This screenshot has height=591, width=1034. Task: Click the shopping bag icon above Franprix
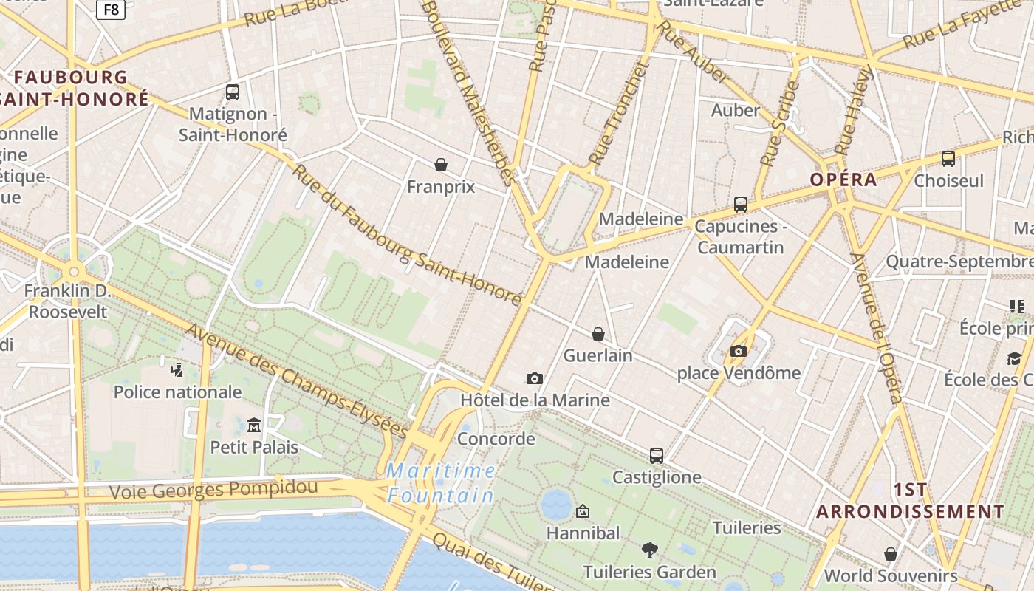point(441,164)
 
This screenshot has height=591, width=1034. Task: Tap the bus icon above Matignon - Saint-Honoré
point(233,92)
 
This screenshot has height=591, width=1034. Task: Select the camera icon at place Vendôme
point(739,351)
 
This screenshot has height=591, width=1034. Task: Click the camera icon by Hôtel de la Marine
point(535,378)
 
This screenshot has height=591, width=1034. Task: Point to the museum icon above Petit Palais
point(254,425)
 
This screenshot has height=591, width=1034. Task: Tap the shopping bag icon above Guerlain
point(598,334)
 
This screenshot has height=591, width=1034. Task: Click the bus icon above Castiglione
point(657,455)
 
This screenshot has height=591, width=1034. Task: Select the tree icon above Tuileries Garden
point(650,550)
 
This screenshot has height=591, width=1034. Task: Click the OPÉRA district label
point(843,180)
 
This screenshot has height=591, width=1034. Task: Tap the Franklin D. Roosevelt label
point(67,301)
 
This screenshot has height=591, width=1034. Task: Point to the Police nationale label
point(177,392)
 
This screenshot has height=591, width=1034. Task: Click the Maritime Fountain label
point(441,482)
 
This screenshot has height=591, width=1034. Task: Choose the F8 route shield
point(111,9)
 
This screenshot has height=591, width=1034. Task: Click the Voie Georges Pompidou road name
point(213,489)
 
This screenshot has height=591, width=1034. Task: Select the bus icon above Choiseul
point(948,159)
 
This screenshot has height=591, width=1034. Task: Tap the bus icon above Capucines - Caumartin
point(741,205)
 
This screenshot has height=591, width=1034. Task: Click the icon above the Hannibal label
point(583,510)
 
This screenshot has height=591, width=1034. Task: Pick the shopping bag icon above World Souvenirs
point(891,553)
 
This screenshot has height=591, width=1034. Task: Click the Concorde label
point(496,439)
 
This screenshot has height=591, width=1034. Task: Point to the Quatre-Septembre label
point(959,262)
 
